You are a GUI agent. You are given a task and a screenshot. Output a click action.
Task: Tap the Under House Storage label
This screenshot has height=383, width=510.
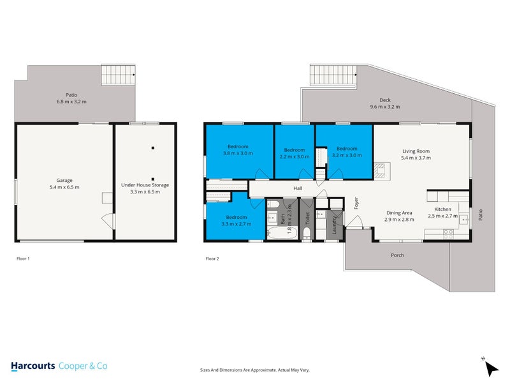[x=145, y=184]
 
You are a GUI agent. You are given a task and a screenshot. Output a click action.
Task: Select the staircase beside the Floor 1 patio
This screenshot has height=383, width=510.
[x=119, y=75]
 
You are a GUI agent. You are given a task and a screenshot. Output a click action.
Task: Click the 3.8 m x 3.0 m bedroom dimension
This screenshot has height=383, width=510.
[x=238, y=153]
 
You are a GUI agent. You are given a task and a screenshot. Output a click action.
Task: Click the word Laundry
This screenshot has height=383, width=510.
[x=335, y=225]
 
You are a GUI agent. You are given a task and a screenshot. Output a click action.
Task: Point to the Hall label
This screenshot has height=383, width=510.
[x=297, y=188]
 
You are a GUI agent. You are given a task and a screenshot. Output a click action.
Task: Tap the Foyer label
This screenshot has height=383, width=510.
[x=356, y=204]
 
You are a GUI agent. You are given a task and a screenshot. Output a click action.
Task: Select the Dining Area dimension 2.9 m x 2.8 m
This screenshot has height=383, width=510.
[x=399, y=219]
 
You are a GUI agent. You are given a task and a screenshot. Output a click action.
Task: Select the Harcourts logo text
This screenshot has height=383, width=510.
[x=33, y=366]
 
